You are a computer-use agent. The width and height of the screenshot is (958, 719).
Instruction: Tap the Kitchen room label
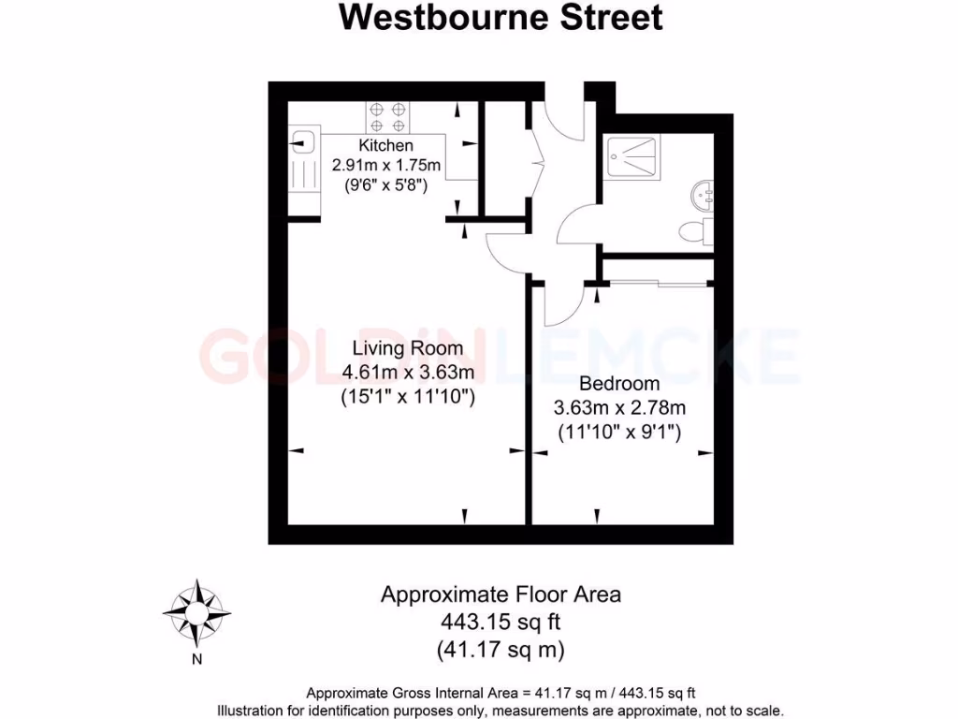point(385,146)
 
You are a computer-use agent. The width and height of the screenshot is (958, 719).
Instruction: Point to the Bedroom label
point(619,384)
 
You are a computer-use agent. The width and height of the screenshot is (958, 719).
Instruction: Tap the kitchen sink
point(301,143)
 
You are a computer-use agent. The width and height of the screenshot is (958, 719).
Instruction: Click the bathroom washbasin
point(703,196)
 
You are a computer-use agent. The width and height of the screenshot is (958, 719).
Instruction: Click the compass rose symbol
point(196,613)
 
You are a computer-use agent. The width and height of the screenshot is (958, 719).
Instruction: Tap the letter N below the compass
point(196,659)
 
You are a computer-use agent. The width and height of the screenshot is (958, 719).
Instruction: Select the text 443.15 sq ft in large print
point(501,621)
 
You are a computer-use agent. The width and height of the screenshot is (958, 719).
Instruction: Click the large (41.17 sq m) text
point(501,648)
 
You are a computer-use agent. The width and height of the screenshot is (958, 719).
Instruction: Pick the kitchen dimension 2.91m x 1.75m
point(386,166)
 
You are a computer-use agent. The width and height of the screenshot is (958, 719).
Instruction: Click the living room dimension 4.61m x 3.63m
point(409,374)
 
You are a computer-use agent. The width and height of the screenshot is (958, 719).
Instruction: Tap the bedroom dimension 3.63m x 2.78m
point(619,408)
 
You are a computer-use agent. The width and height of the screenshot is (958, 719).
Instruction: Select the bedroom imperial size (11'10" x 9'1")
point(619,433)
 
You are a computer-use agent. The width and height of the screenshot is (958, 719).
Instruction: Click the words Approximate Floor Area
point(501,594)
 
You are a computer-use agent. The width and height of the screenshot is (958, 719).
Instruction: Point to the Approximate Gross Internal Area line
point(501,694)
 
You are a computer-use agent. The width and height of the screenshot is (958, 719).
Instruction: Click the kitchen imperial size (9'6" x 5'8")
point(386,185)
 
